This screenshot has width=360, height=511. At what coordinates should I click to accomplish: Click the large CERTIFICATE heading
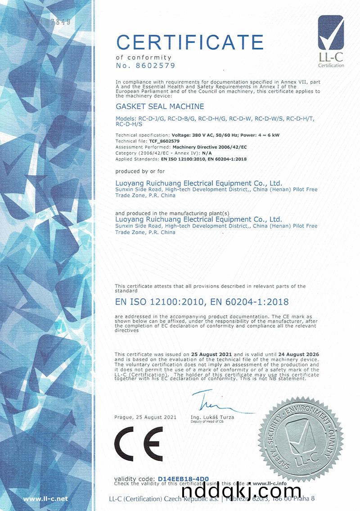[189, 42]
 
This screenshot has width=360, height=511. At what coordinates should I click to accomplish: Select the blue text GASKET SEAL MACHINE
[160, 107]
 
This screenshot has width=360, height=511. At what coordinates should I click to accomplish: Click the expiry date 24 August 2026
[295, 355]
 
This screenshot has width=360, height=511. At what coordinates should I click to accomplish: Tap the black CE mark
[139, 443]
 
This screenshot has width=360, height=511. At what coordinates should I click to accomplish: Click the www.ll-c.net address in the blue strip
[45, 498]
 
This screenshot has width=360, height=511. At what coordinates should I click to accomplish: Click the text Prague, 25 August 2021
[145, 417]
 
